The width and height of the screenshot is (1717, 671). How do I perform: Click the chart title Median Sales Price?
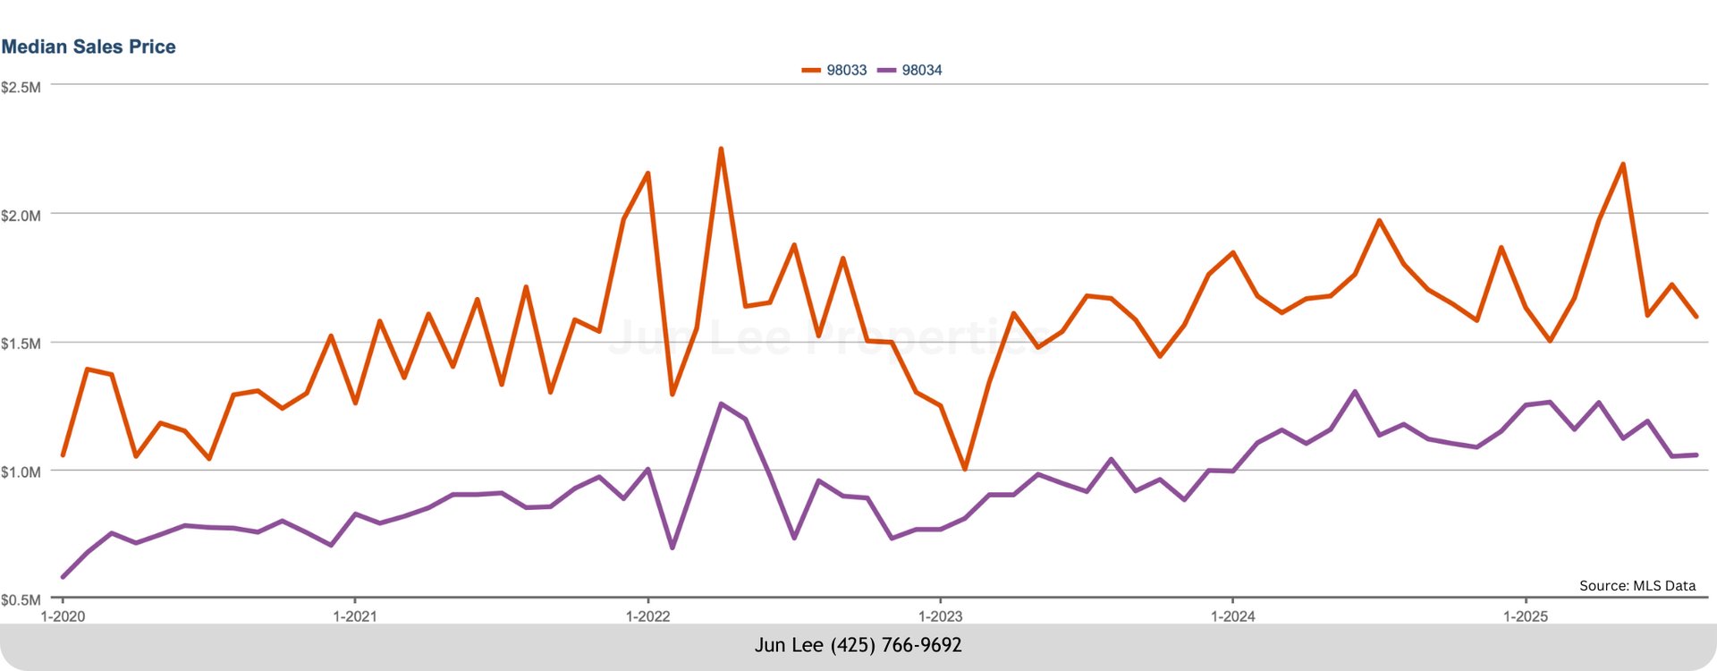[89, 47]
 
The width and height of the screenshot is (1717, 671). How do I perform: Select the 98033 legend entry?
[835, 71]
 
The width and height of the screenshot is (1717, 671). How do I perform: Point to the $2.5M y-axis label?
[21, 88]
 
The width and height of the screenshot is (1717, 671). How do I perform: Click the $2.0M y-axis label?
[21, 216]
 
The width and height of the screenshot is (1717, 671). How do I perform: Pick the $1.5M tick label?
[21, 344]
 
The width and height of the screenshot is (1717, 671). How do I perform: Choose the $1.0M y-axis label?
[21, 471]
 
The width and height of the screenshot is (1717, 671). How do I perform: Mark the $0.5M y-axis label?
[21, 599]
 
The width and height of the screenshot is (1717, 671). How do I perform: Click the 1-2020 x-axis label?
[63, 616]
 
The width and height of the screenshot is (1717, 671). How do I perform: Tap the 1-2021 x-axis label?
[355, 616]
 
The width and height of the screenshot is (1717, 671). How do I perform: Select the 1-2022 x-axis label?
[647, 616]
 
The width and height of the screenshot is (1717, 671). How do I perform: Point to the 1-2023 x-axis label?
[940, 616]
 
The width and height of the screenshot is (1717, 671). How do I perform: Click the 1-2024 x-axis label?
[1232, 616]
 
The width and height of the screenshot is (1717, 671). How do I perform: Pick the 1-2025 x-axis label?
[1525, 616]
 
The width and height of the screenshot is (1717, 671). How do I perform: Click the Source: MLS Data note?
[1637, 586]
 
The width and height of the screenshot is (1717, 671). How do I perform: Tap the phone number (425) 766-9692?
[896, 645]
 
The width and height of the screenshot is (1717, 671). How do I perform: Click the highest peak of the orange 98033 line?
[721, 149]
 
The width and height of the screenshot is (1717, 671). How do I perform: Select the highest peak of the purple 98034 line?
[1355, 392]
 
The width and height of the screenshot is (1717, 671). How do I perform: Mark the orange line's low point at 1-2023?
[964, 469]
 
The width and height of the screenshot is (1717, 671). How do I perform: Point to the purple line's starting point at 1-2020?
[63, 577]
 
